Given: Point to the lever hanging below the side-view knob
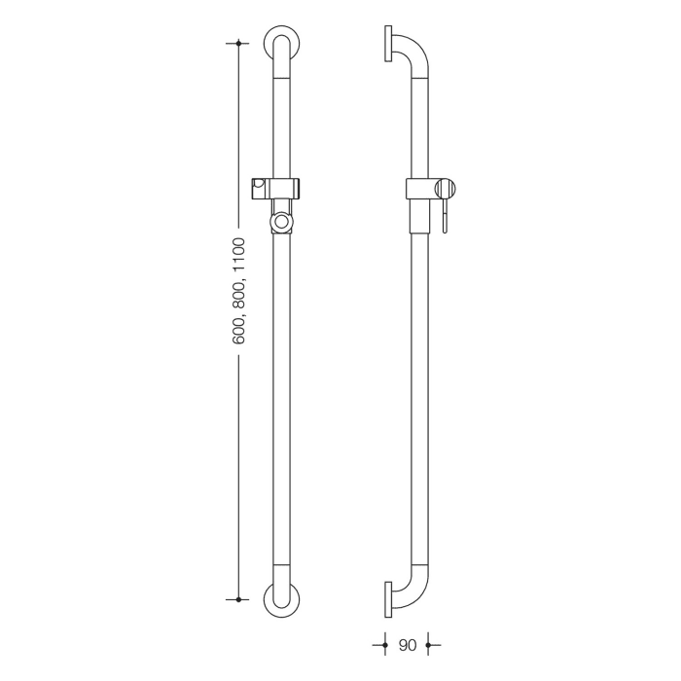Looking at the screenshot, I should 444,216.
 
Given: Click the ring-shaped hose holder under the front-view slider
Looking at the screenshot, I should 281,222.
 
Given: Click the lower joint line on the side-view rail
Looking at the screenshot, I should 417,568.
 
